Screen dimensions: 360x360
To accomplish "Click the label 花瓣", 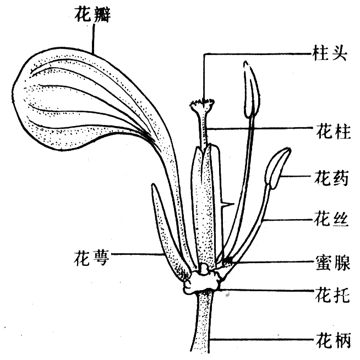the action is [x=92, y=15].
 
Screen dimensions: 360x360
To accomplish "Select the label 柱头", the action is [x=330, y=54].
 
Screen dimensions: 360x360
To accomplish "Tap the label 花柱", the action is [x=334, y=132].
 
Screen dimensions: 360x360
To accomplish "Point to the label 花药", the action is [x=331, y=178].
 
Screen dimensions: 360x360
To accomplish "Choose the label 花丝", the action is [x=331, y=219].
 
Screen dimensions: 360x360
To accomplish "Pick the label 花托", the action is [x=332, y=295].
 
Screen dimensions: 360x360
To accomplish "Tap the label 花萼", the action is [x=91, y=258].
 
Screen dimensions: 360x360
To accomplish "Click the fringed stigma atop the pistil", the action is [x=202, y=105].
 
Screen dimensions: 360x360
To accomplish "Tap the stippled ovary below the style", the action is [x=205, y=206].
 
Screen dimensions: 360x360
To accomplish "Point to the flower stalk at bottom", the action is [x=203, y=321].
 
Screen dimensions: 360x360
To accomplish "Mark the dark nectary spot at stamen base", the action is [x=228, y=260].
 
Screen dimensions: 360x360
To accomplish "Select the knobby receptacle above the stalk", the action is [x=202, y=281].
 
